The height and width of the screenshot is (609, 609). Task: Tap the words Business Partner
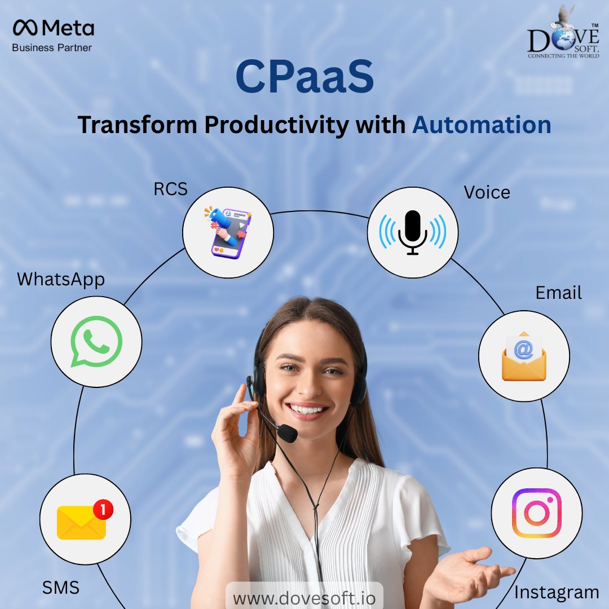pyautogui.click(x=52, y=48)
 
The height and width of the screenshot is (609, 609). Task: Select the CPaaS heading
pyautogui.click(x=304, y=80)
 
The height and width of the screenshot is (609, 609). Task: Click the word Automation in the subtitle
pyautogui.click(x=482, y=125)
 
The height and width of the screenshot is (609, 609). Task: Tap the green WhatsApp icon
pyautogui.click(x=96, y=341)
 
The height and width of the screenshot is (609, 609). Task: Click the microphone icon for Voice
pyautogui.click(x=412, y=232)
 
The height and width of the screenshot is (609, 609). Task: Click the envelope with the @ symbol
pyautogui.click(x=524, y=356)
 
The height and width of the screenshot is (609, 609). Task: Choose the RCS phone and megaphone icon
pyautogui.click(x=228, y=232)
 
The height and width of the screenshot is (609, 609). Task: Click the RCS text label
pyautogui.click(x=171, y=189)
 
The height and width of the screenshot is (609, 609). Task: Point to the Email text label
pyautogui.click(x=558, y=293)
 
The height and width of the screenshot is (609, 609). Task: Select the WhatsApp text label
pyautogui.click(x=61, y=280)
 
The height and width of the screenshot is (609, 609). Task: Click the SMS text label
pyautogui.click(x=61, y=588)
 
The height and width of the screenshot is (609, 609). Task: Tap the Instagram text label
pyautogui.click(x=556, y=593)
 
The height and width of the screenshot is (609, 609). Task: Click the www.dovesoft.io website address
pyautogui.click(x=304, y=598)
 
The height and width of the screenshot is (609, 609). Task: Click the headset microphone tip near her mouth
pyautogui.click(x=288, y=433)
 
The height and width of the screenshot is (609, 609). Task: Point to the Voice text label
pyautogui.click(x=487, y=192)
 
